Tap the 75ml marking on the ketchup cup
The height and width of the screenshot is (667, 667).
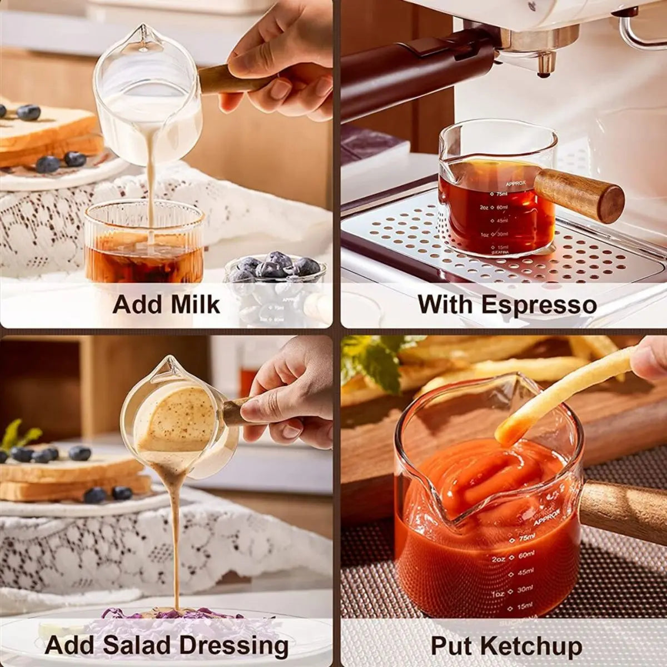click(526, 537)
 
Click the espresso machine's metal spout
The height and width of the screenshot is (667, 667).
click(544, 61)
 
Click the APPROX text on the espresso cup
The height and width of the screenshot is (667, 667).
click(515, 183)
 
